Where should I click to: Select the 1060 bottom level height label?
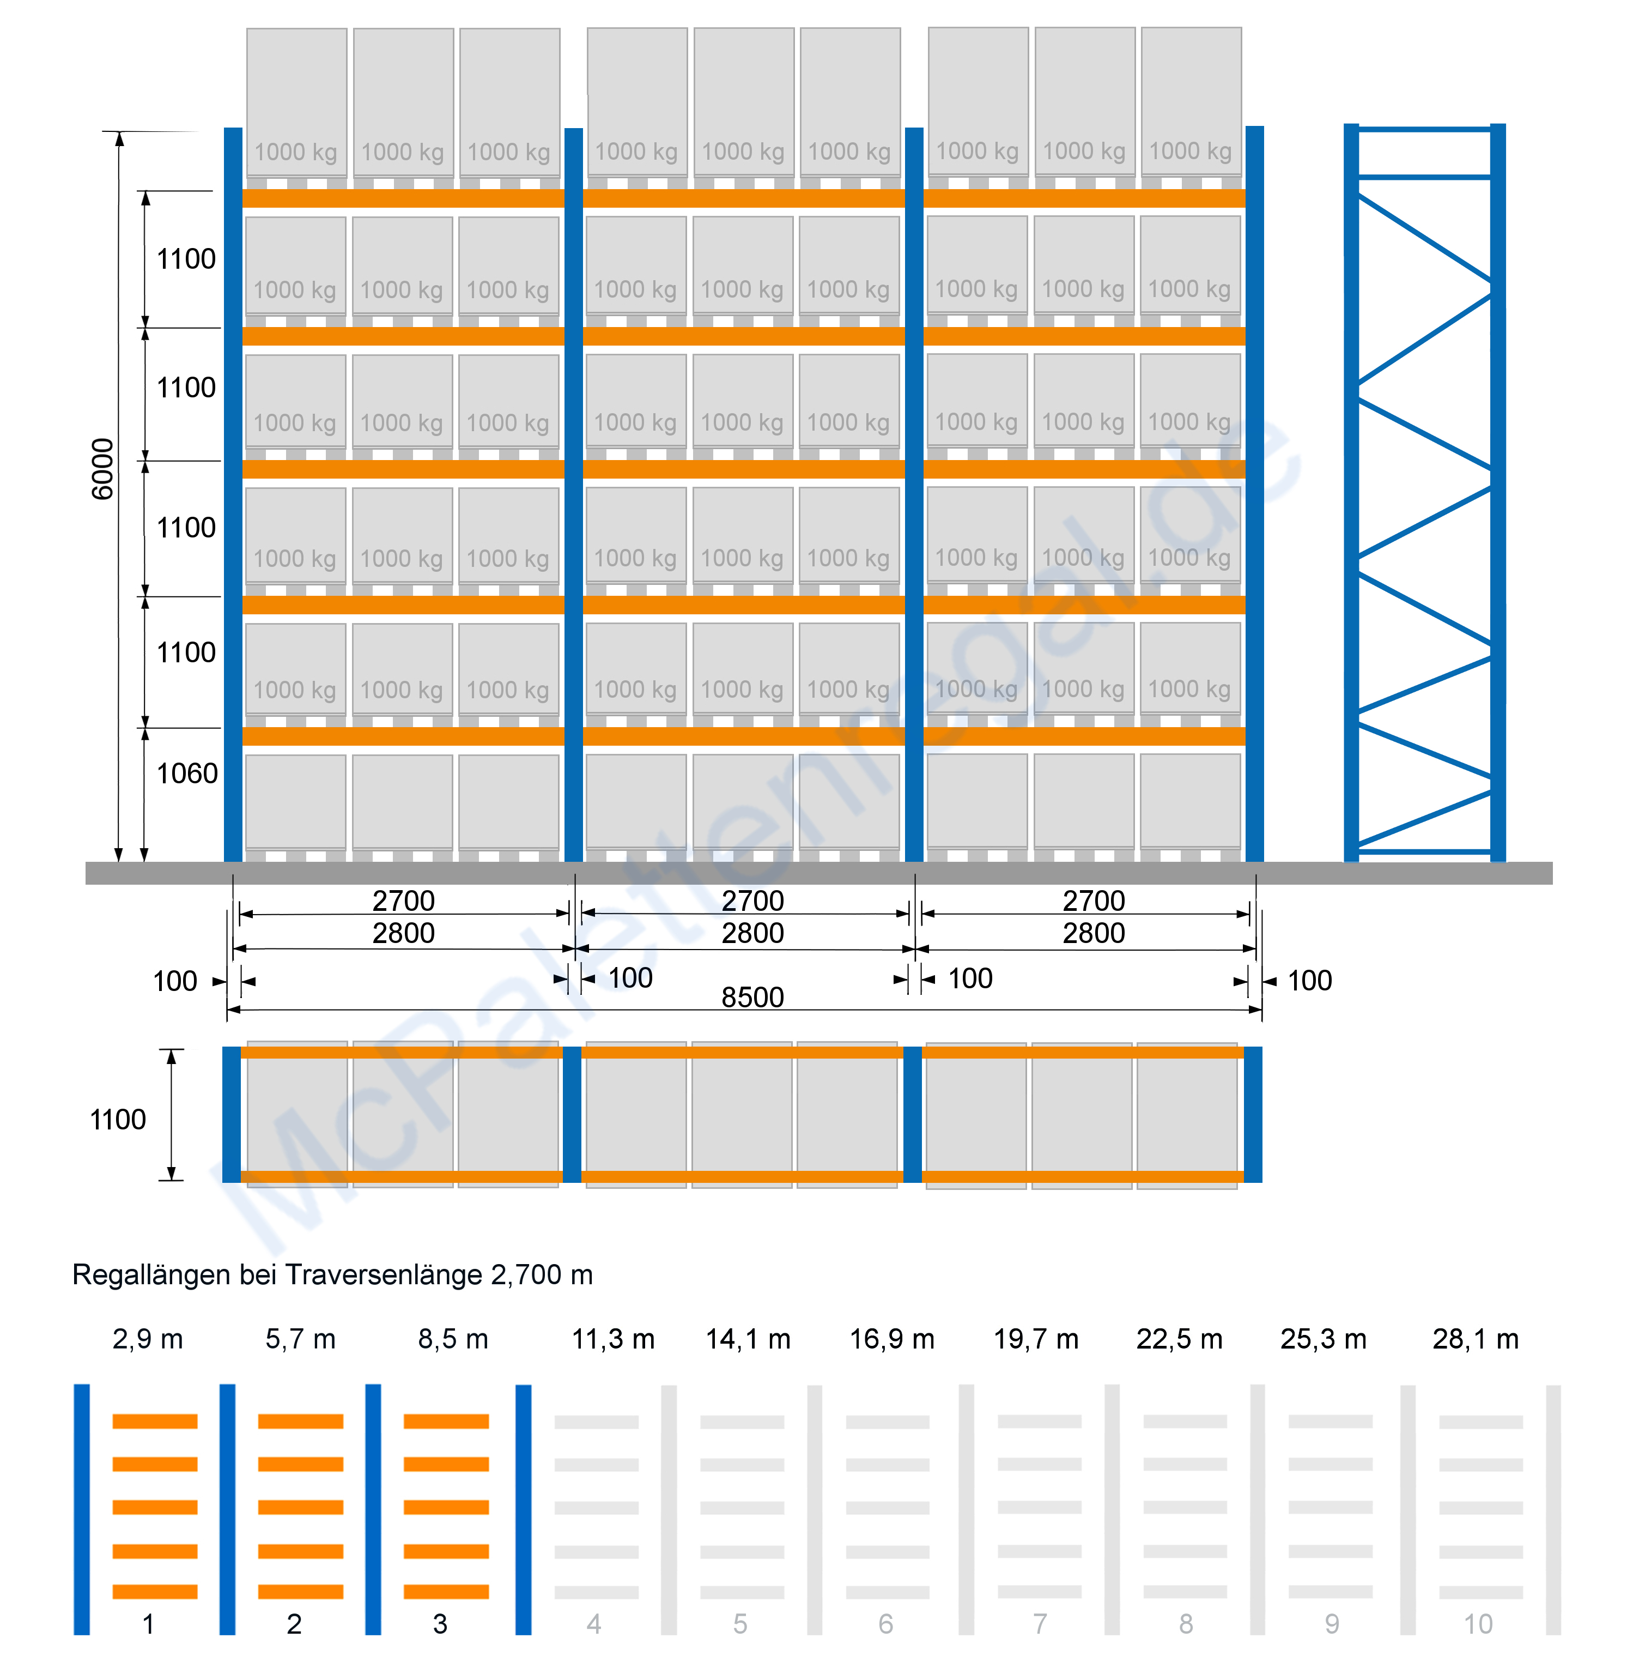coord(187,774)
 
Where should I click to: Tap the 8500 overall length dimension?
coord(752,997)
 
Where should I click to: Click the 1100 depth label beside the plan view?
coord(118,1120)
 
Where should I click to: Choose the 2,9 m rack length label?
coord(148,1339)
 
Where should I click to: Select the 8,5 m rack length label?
coord(453,1339)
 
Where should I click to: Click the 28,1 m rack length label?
coord(1475,1339)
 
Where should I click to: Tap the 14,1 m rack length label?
coord(748,1339)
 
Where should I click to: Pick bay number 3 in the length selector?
coord(440,1623)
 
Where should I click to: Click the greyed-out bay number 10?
coord(1478,1623)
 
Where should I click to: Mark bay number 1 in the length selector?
coord(148,1623)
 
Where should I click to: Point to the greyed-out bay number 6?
coord(886,1623)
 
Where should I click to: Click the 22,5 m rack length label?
coord(1179,1339)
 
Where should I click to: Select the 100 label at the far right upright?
coord(1310,981)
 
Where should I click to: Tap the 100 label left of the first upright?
coord(175,981)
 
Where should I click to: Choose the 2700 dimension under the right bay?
coord(1094,900)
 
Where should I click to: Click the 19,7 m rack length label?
coord(1036,1339)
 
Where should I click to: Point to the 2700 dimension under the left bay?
coord(403,900)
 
